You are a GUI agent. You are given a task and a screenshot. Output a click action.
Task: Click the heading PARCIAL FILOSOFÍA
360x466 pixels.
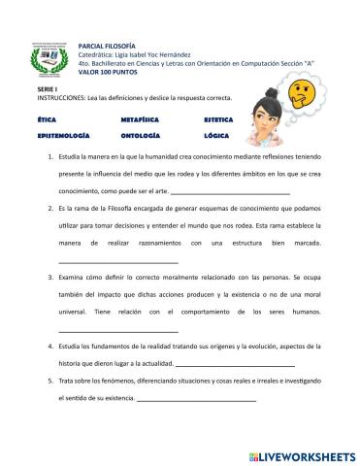tap(110, 46)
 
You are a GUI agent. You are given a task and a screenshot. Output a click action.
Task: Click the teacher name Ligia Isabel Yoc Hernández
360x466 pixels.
tap(156, 54)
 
